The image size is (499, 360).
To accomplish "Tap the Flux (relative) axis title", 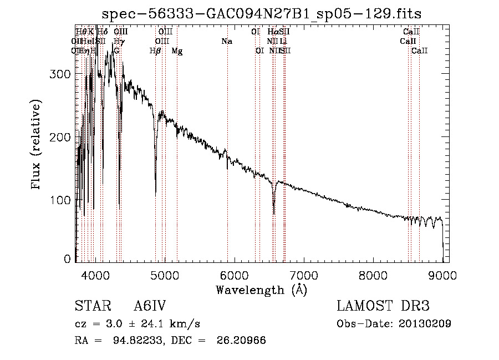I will (x=37, y=145).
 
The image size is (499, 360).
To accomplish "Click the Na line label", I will (x=226, y=42).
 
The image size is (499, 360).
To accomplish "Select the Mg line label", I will (x=177, y=51).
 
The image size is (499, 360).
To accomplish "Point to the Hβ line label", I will (x=155, y=51).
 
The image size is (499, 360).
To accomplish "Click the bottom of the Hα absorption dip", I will (x=274, y=213).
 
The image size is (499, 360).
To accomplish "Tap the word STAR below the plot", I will (x=92, y=306).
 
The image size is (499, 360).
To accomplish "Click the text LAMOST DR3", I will (x=383, y=306).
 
